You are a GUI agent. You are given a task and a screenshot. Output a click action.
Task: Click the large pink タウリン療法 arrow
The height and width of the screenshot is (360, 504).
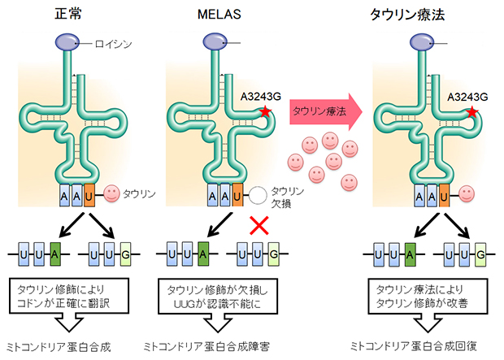[x=321, y=112]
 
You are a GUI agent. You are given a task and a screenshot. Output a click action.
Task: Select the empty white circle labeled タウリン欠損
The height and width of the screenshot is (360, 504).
[x=259, y=195]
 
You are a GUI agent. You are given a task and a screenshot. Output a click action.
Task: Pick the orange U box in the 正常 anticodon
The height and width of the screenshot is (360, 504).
[x=89, y=194]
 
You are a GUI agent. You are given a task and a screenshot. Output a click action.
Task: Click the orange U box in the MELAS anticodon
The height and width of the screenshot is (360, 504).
[x=236, y=195]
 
